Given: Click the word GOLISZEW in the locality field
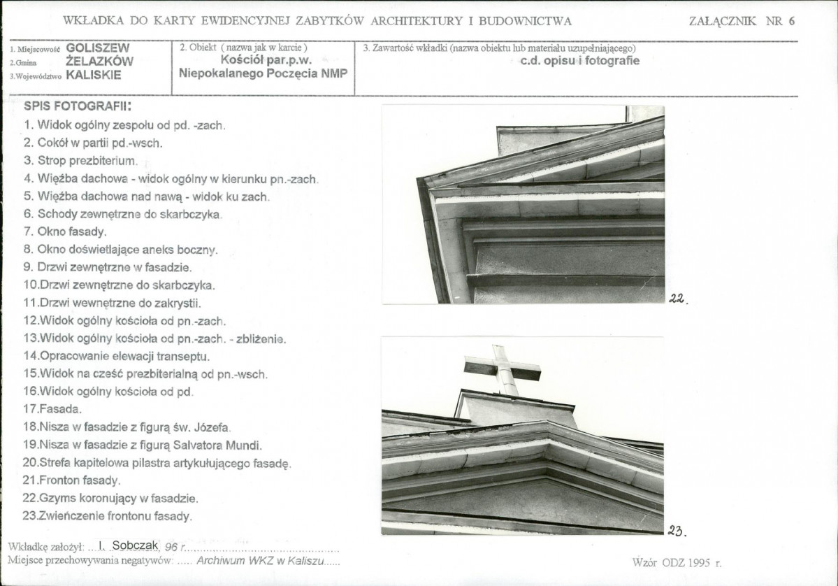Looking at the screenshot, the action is pos(98,48).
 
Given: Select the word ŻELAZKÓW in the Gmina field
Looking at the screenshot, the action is pos(99,62).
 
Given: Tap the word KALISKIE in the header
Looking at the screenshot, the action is pos(94,75).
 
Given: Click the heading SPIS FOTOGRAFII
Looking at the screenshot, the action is pos(78,106).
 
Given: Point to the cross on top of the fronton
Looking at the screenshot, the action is pos(503,369).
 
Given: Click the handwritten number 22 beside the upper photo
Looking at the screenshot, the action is pos(678,299).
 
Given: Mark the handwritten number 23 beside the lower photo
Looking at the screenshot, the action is pos(677,531).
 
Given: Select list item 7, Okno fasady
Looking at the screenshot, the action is pos(65,232).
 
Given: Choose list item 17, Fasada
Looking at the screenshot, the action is pos(52,410).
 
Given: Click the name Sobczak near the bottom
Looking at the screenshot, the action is pos(135,545).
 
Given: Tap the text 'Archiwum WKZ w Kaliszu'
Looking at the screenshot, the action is pos(260,561).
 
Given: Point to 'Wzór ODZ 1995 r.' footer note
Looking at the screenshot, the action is pos(677,562).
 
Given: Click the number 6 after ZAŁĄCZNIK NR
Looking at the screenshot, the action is pos(791,22).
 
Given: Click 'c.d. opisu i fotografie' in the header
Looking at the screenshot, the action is pos(580,60).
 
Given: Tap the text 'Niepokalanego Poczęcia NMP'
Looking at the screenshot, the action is pos(263,73).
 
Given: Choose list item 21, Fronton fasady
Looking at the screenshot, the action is pos(71,480).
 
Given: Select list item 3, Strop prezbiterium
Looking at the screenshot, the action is pos(80,161).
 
